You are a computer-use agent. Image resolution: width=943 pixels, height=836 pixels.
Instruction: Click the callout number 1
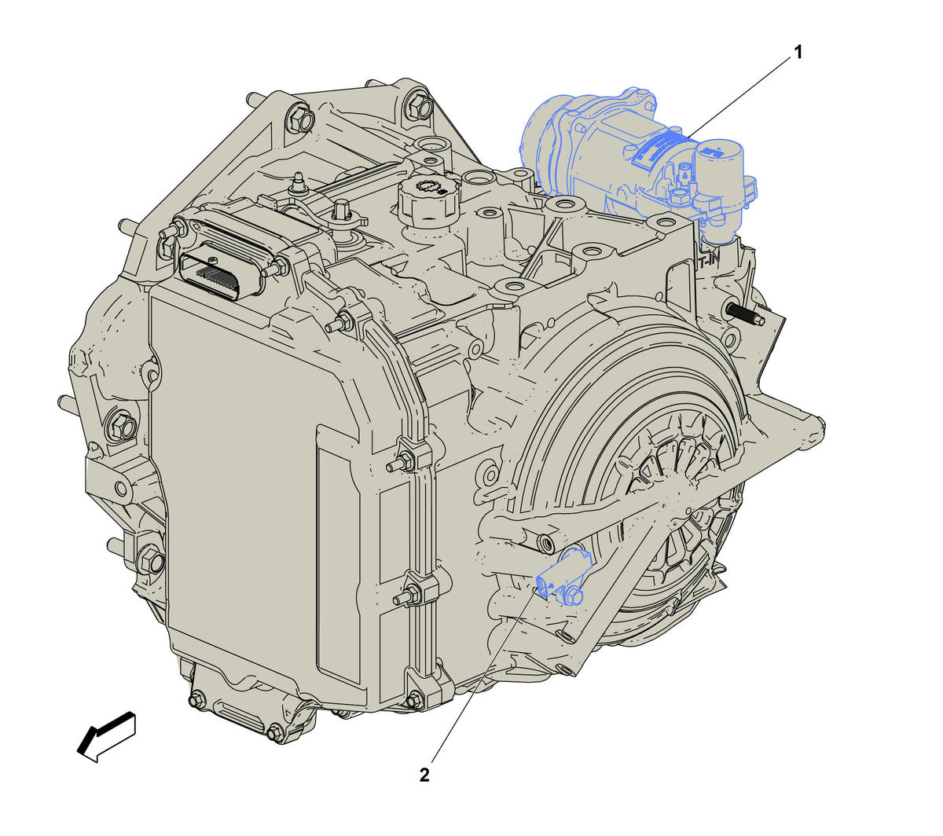click(x=798, y=53)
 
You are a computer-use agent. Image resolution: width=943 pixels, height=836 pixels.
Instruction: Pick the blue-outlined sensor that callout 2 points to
click(x=563, y=577)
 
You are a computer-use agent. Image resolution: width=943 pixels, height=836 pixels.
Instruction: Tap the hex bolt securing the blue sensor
click(x=574, y=596)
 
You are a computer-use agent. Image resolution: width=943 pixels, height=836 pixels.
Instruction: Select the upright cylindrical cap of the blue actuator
click(x=717, y=168)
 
